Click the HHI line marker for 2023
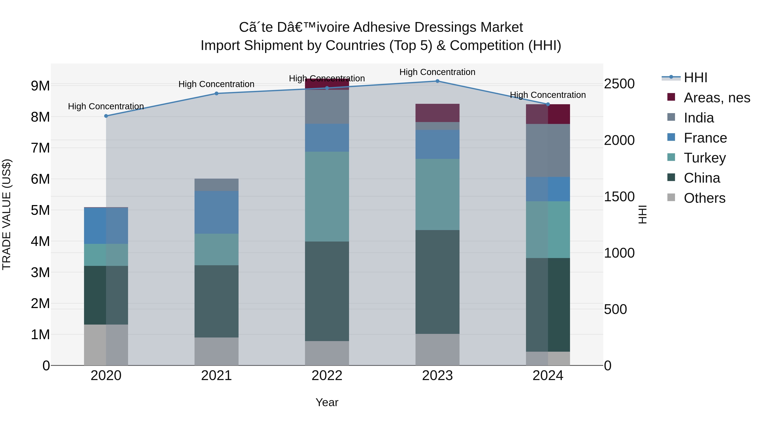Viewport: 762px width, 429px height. click(437, 81)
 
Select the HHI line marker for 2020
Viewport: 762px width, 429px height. click(106, 116)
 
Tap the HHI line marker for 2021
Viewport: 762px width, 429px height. click(216, 94)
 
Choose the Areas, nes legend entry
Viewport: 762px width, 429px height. click(716, 98)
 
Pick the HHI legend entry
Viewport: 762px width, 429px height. click(695, 78)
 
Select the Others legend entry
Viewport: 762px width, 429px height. click(704, 198)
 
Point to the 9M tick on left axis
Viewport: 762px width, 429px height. click(40, 86)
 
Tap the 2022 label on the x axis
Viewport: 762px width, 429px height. click(327, 376)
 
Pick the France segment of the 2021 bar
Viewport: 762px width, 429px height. click(216, 212)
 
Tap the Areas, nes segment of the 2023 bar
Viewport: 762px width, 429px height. click(437, 113)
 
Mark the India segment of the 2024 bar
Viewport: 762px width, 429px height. click(548, 150)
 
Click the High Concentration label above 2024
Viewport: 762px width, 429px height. click(548, 95)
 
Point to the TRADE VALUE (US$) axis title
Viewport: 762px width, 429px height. click(7, 214)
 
